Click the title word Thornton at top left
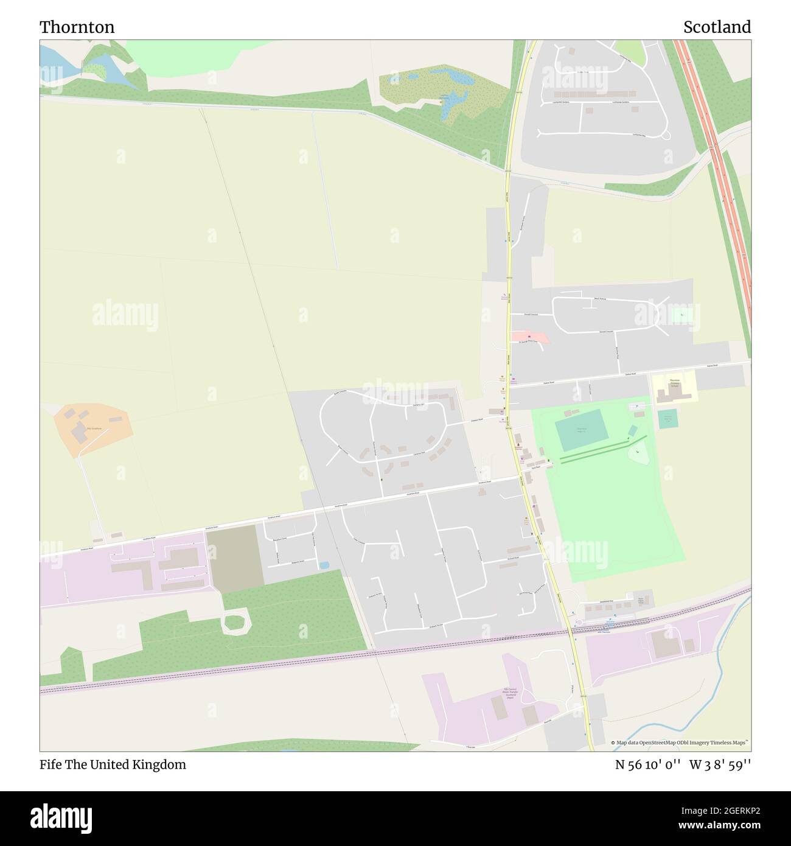coord(77,27)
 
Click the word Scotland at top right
coord(716,27)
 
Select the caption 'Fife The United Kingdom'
coord(113,764)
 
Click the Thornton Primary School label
coord(674,383)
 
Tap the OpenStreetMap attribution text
coord(681,743)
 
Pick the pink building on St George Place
coord(530,336)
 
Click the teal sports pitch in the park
coord(582,429)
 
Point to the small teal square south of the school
coord(667,419)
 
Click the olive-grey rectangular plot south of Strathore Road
coord(234,558)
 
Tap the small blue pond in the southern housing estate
coord(324,565)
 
